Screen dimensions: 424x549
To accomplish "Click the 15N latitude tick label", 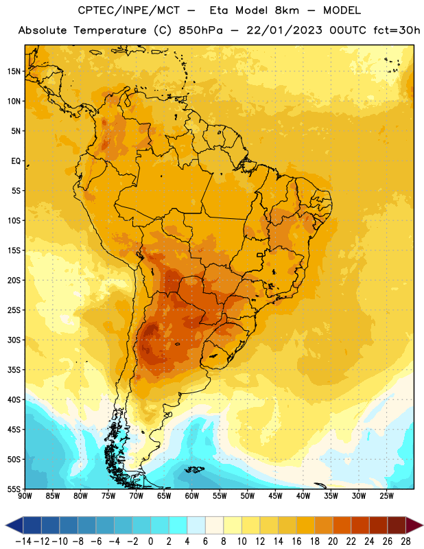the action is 14,71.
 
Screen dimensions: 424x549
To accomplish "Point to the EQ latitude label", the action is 16,161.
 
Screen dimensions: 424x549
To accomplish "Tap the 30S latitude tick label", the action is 14,340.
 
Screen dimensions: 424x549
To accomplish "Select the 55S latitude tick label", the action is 14,489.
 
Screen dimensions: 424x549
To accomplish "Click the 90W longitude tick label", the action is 25,496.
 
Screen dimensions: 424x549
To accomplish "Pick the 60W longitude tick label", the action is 192,496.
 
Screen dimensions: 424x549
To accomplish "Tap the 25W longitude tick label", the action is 386,496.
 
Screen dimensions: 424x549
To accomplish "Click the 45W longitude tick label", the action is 276,496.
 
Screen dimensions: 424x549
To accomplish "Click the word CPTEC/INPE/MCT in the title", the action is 128,10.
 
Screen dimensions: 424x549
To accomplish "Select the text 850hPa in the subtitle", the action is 200,30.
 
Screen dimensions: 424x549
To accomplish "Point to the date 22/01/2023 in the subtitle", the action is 284,30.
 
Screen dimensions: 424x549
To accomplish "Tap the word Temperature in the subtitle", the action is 110,30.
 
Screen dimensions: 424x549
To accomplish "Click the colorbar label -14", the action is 23,541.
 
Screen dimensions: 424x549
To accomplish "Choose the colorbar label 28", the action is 405,541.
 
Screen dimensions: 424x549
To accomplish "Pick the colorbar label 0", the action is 150,541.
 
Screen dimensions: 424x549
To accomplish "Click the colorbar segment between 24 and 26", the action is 379,525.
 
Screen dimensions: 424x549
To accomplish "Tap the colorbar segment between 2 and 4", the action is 178,525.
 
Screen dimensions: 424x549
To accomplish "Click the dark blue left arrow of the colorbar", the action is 14,525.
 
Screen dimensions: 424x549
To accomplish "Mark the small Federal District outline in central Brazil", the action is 259,255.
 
